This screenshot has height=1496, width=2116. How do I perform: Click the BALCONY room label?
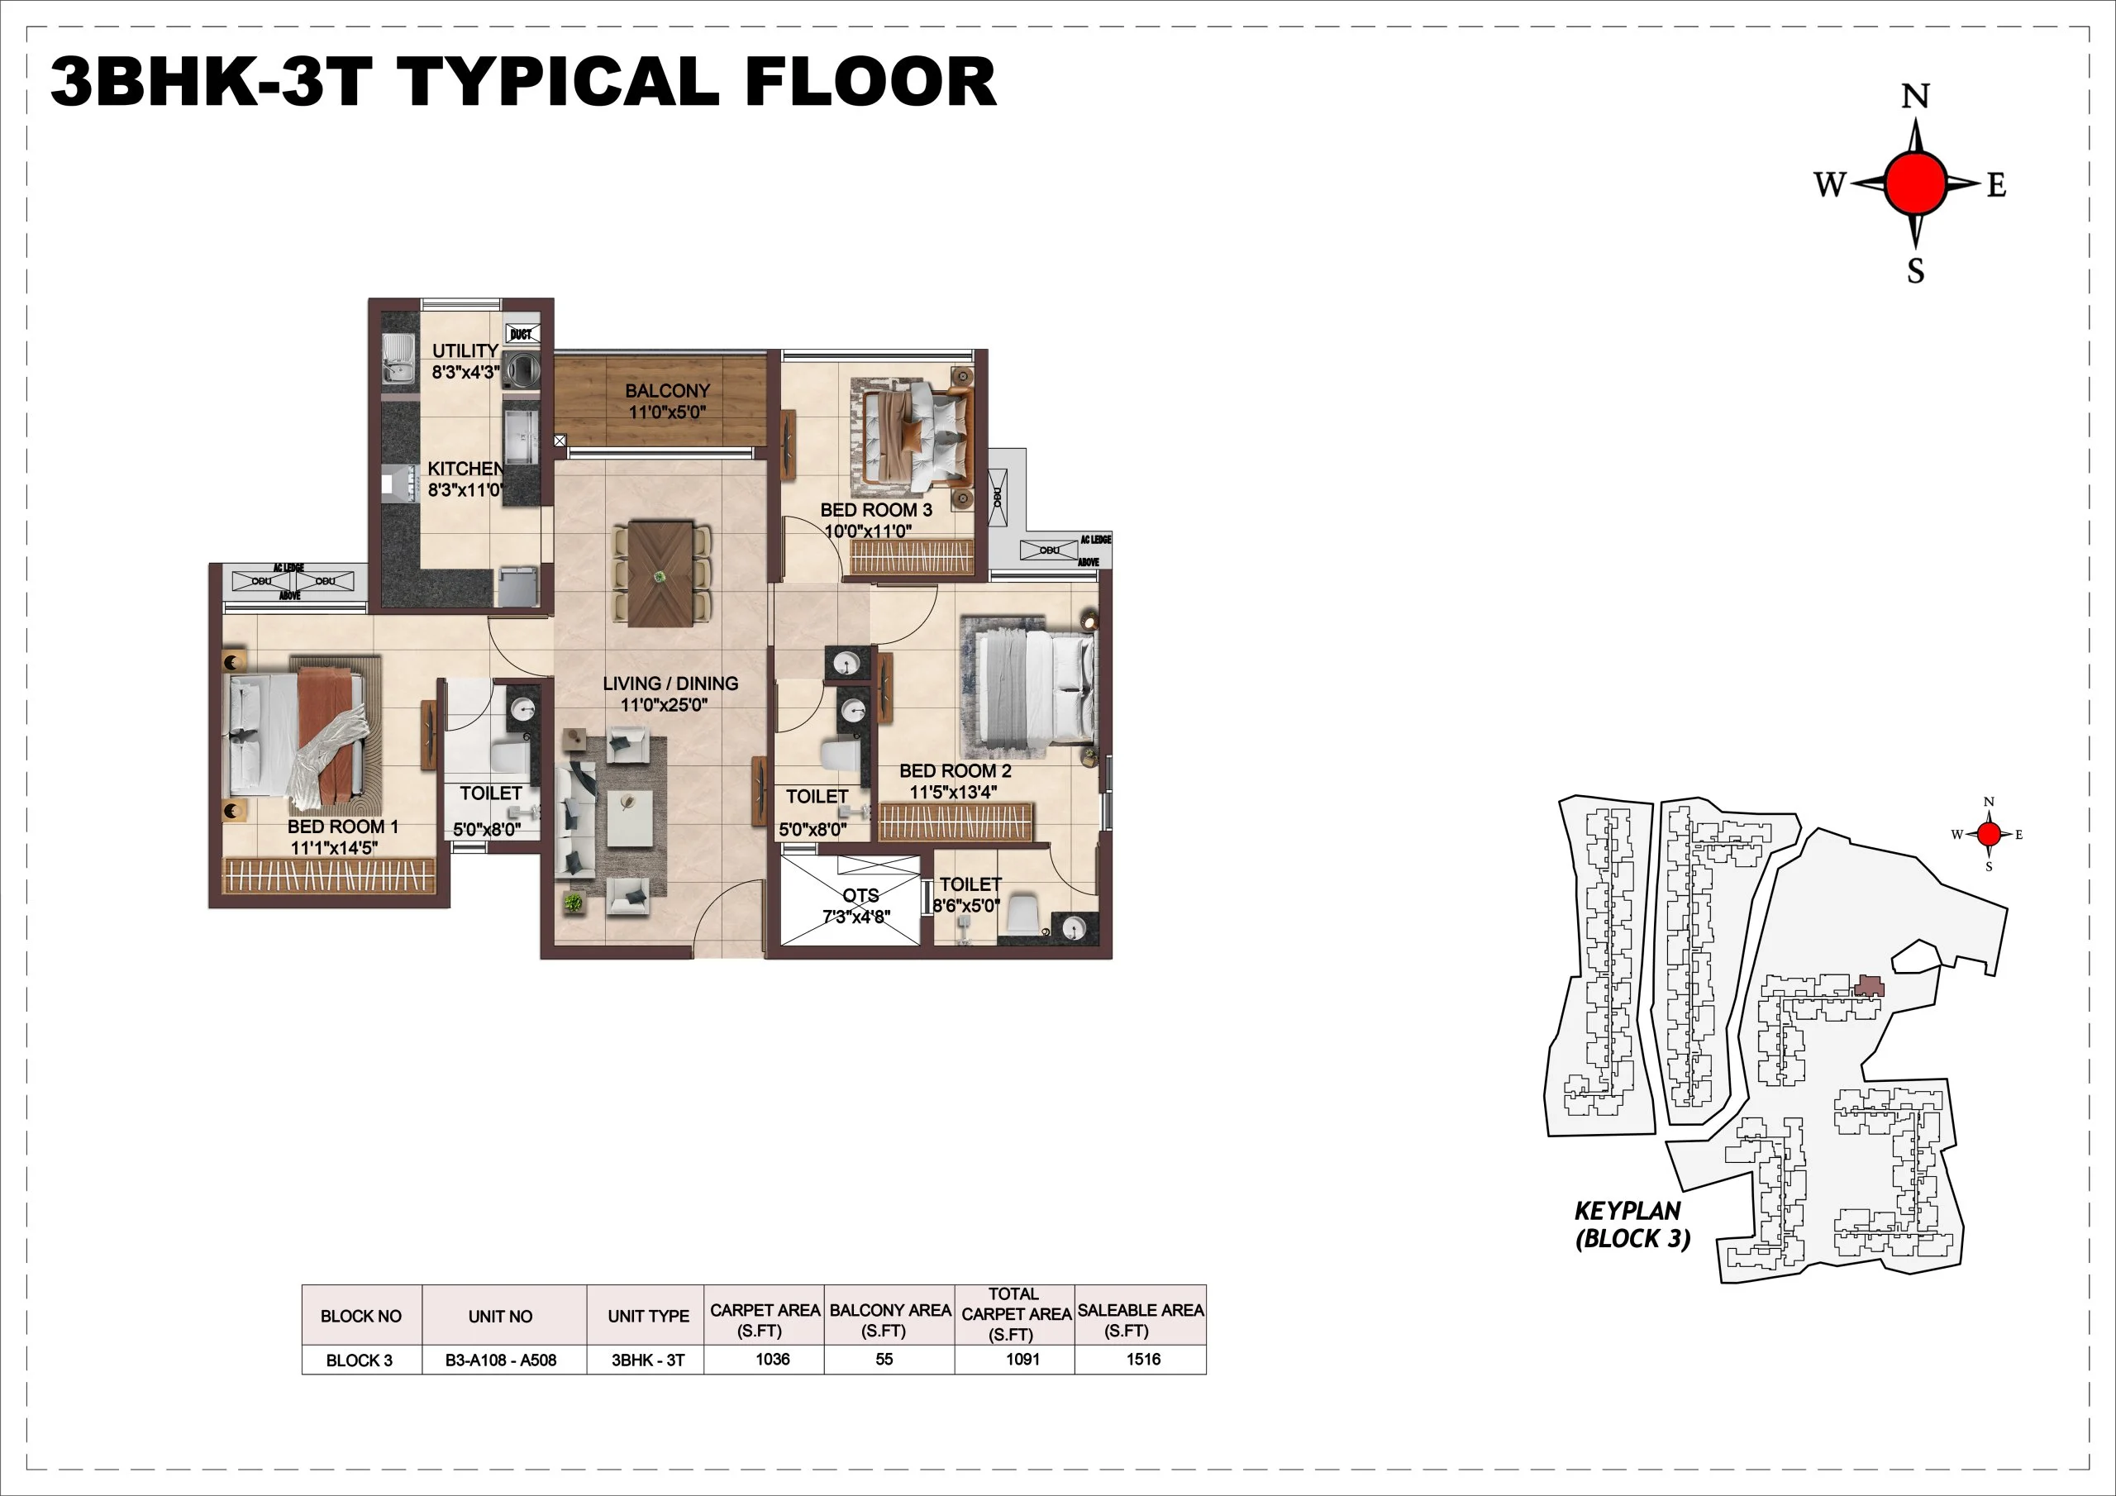667,391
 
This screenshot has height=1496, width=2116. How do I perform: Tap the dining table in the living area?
660,574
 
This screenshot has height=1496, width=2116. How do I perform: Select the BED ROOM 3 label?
875,510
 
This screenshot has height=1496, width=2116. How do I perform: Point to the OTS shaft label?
860,895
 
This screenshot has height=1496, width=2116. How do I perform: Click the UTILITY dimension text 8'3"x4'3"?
465,373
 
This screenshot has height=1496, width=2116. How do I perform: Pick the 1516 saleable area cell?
1143,1360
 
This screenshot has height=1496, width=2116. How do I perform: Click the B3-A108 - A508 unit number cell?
500,1360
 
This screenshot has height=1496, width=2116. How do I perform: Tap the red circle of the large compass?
1915,184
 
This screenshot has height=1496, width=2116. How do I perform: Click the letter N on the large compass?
1915,97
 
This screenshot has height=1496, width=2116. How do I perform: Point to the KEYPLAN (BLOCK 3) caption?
1632,1225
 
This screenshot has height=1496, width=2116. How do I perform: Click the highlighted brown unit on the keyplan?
1868,986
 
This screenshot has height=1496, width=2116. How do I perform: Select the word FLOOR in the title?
870,82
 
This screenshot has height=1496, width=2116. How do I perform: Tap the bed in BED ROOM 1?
299,733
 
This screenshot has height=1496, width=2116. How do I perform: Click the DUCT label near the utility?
521,334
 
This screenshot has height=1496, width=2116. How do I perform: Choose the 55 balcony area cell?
884,1360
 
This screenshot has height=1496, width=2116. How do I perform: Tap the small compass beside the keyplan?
1989,834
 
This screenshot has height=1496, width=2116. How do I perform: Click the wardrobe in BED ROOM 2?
955,822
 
